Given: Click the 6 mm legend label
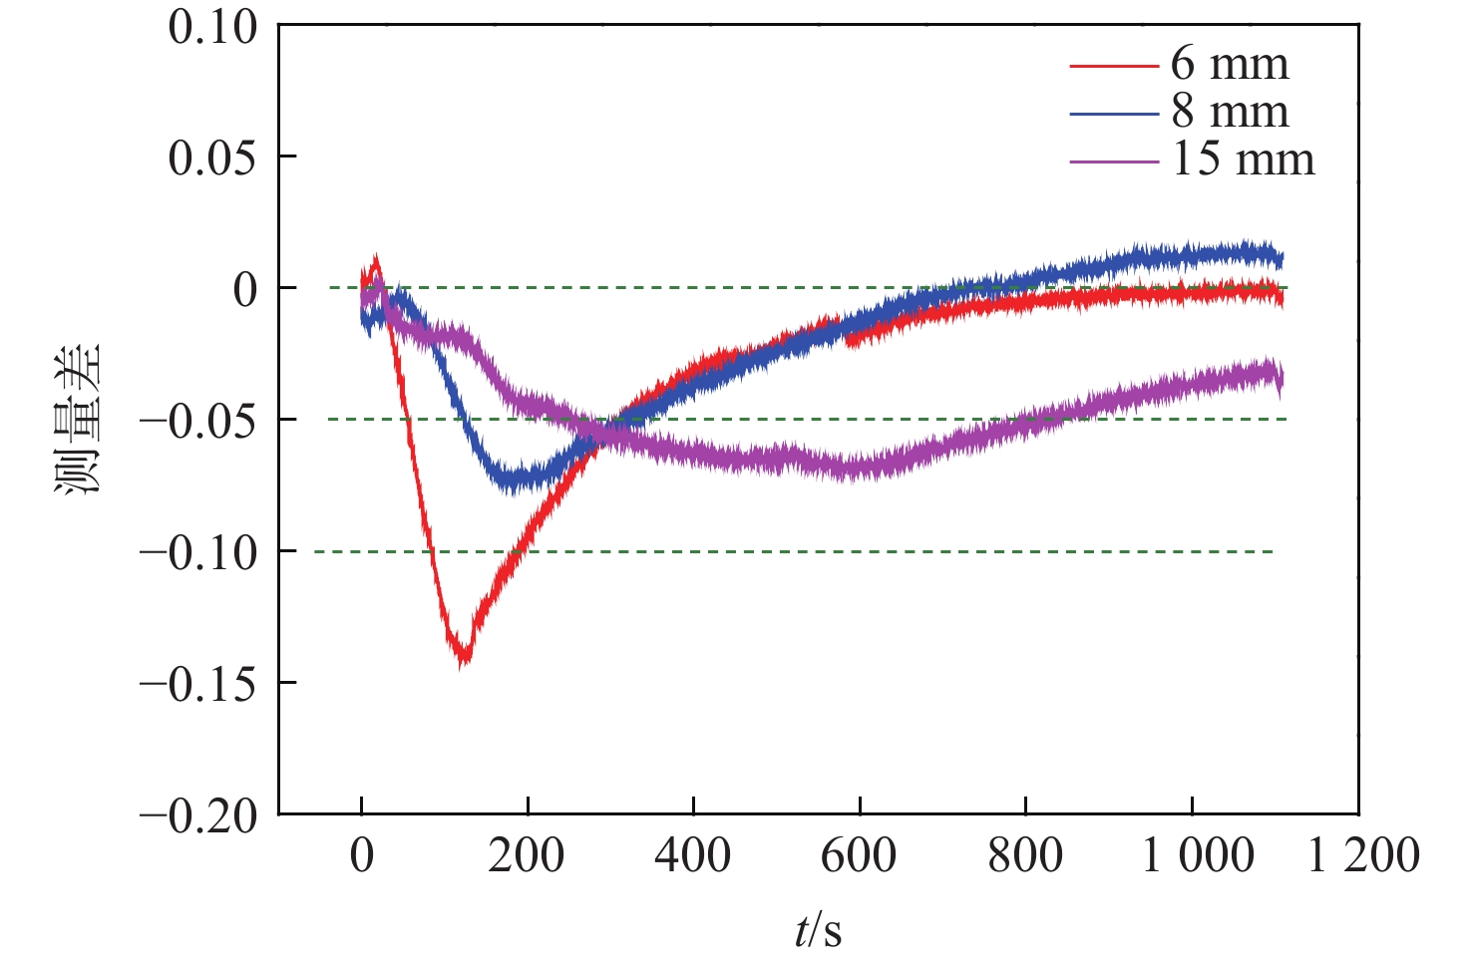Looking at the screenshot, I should click(x=1229, y=64).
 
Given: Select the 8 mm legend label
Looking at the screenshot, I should click(x=1229, y=112).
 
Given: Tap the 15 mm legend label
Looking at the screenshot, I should click(x=1243, y=160).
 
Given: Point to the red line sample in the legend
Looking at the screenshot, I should click(x=1114, y=66).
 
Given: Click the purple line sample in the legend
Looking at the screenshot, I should click(x=1114, y=161).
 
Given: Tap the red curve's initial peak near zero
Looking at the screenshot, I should click(x=375, y=262).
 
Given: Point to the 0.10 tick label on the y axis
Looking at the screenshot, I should click(x=212, y=27).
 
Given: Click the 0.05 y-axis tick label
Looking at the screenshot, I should click(x=212, y=158).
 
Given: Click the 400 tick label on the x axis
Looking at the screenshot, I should click(x=692, y=856).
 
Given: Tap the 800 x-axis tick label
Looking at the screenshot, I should click(x=1025, y=856).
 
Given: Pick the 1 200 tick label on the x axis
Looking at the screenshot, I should click(x=1363, y=856).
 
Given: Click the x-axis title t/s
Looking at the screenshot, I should click(x=818, y=931).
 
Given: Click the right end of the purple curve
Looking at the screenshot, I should click(x=1281, y=377).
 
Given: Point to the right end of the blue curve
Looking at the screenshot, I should click(x=1281, y=259).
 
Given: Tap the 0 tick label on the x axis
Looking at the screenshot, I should click(x=361, y=856).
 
